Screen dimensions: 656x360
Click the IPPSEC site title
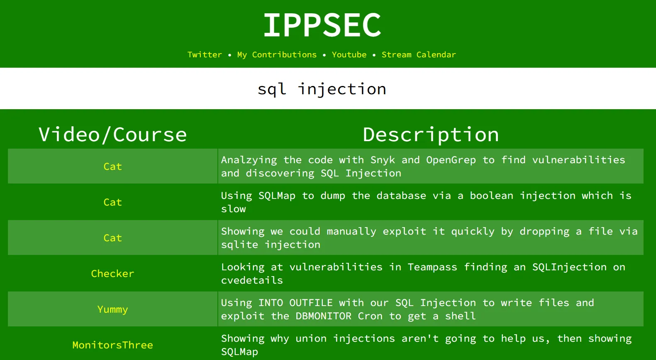pyautogui.click(x=322, y=25)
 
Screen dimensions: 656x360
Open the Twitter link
pyautogui.click(x=205, y=55)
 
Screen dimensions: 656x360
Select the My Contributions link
pyautogui.click(x=277, y=55)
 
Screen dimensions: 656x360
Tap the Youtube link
pyautogui.click(x=349, y=55)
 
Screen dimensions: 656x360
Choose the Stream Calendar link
pyautogui.click(x=419, y=55)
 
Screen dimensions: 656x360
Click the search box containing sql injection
pyautogui.click(x=328, y=88)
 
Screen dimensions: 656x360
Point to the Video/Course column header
pyautogui.click(x=113, y=135)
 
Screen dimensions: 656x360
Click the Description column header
pyautogui.click(x=431, y=135)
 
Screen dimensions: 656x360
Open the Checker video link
pyautogui.click(x=113, y=274)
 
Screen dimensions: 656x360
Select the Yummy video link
pyautogui.click(x=113, y=310)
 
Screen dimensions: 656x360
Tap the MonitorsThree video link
pyautogui.click(x=113, y=345)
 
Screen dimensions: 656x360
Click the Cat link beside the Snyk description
pyautogui.click(x=113, y=167)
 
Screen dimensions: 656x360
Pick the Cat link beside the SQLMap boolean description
pyautogui.click(x=113, y=202)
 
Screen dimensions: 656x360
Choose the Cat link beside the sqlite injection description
pyautogui.click(x=113, y=238)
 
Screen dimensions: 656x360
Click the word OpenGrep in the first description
pyautogui.click(x=451, y=160)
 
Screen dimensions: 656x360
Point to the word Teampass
pyautogui.click(x=432, y=267)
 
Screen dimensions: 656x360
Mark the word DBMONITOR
pyautogui.click(x=323, y=316)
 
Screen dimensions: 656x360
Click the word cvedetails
pyautogui.click(x=252, y=281)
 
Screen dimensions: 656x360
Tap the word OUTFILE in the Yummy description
pyautogui.click(x=311, y=303)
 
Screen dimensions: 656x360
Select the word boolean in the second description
pyautogui.click(x=491, y=196)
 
